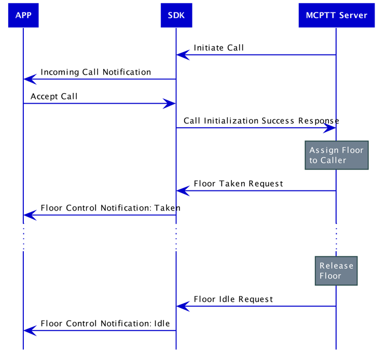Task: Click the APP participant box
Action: pyautogui.click(x=23, y=15)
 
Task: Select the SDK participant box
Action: pyautogui.click(x=176, y=15)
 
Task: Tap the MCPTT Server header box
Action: pyautogui.click(x=336, y=15)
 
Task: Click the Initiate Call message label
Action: pyautogui.click(x=218, y=48)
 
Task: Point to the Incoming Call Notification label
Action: pyautogui.click(x=95, y=72)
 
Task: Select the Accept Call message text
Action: pyautogui.click(x=54, y=96)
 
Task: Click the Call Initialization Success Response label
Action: pyautogui.click(x=261, y=121)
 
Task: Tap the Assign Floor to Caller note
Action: pyautogui.click(x=336, y=155)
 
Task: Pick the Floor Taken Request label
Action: pyautogui.click(x=238, y=184)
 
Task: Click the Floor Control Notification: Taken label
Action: pyautogui.click(x=110, y=208)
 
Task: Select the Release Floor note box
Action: pyautogui.click(x=336, y=271)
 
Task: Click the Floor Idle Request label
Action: pyautogui.click(x=233, y=299)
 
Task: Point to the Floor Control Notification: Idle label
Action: pyautogui.click(x=105, y=324)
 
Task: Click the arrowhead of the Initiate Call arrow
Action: pyautogui.click(x=182, y=54)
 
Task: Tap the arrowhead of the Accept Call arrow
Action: pyautogui.click(x=170, y=103)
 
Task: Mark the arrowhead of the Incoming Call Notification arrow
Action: pyautogui.click(x=30, y=79)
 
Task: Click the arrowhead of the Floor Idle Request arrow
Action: pyautogui.click(x=182, y=306)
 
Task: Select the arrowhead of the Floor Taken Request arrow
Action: pyautogui.click(x=182, y=191)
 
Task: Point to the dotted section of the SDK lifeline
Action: pyautogui.click(x=176, y=239)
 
